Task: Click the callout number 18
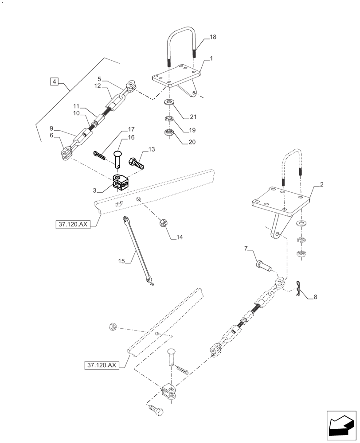point(213,37)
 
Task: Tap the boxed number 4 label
point(54,82)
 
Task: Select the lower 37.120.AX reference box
point(102,365)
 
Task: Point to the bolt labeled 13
point(136,163)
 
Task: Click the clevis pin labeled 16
point(117,159)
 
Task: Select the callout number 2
point(321,185)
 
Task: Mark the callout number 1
point(211,58)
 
